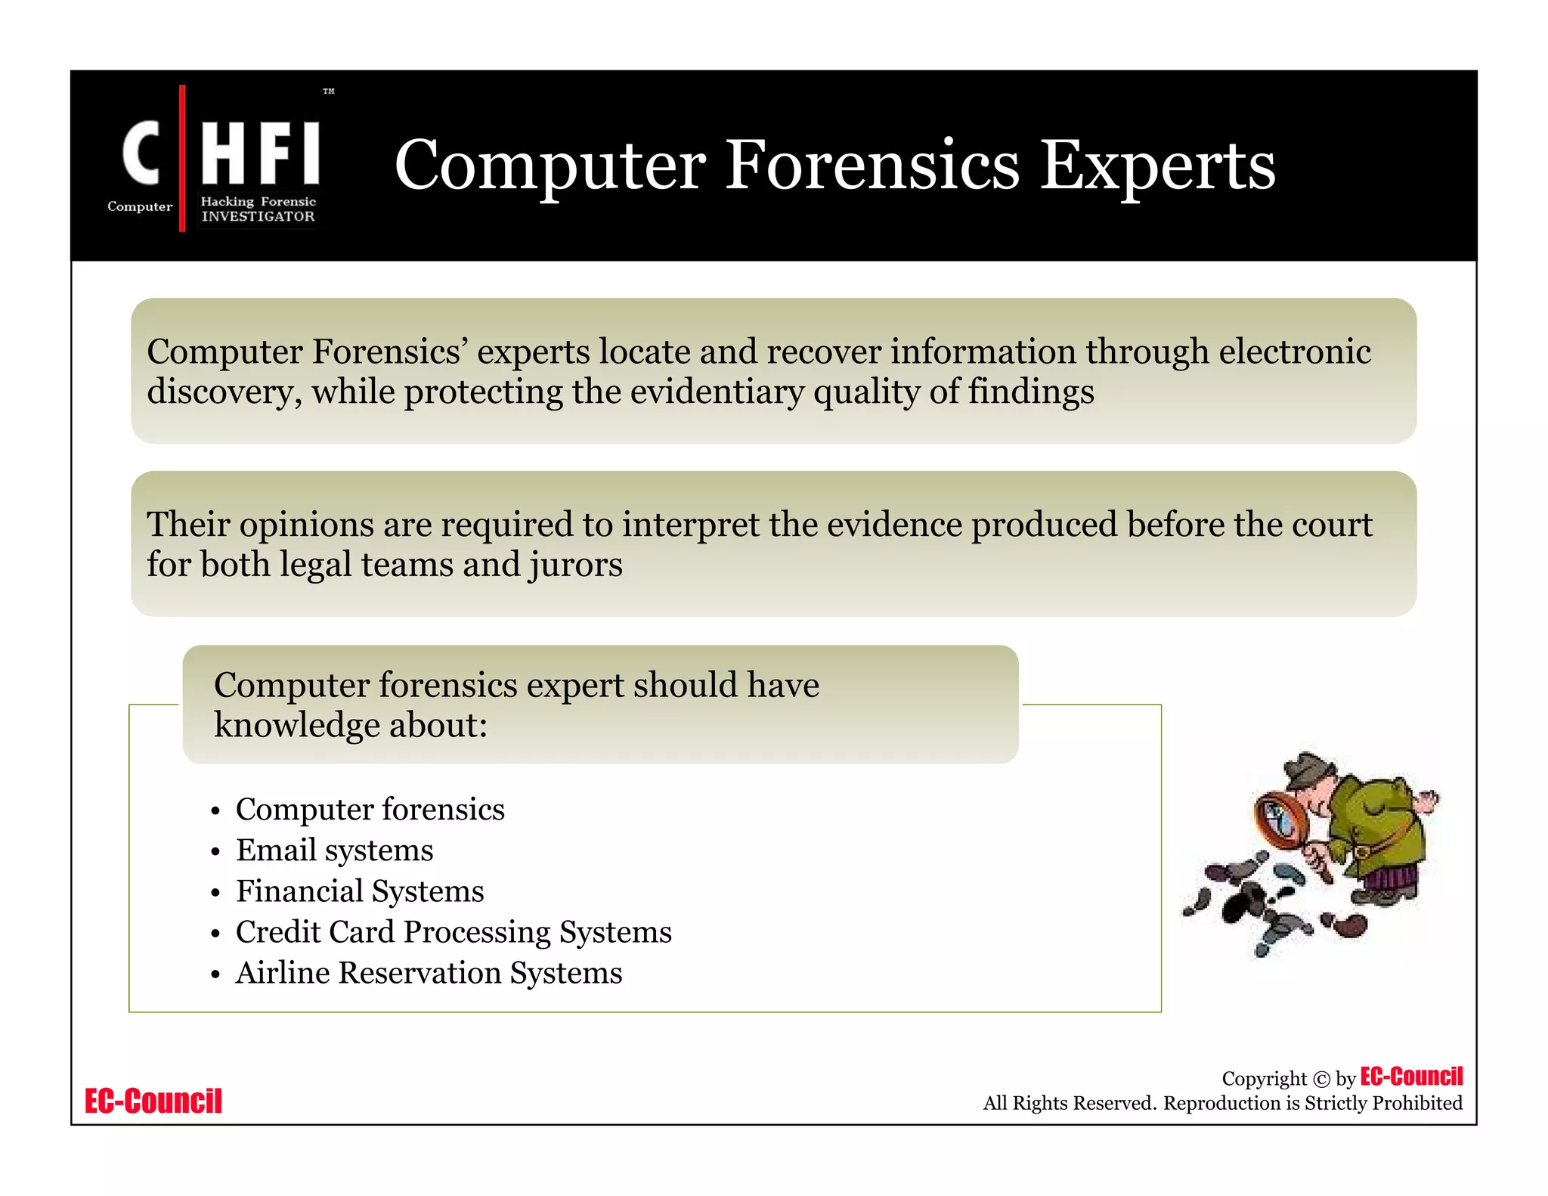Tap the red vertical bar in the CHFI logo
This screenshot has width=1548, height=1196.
pyautogui.click(x=182, y=158)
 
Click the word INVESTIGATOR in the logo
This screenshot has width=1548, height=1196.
pyautogui.click(x=258, y=216)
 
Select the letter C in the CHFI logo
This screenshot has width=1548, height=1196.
pyautogui.click(x=141, y=153)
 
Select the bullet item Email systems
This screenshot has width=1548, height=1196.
pyautogui.click(x=334, y=850)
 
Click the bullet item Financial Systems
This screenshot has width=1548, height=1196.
pyautogui.click(x=359, y=891)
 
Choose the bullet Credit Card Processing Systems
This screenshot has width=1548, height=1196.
pyautogui.click(x=453, y=931)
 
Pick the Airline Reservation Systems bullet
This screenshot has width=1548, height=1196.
pyautogui.click(x=429, y=972)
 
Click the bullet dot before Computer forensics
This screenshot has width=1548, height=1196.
pyautogui.click(x=215, y=811)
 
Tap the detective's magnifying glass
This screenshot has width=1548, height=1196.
pyautogui.click(x=1281, y=820)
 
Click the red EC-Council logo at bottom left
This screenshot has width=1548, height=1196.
pyautogui.click(x=153, y=1101)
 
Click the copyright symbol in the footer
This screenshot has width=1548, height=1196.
pyautogui.click(x=1321, y=1080)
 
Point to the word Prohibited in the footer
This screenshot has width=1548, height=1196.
pyautogui.click(x=1416, y=1103)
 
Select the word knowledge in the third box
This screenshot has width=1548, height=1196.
pyautogui.click(x=296, y=725)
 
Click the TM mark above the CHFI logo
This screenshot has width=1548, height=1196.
pyautogui.click(x=329, y=91)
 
